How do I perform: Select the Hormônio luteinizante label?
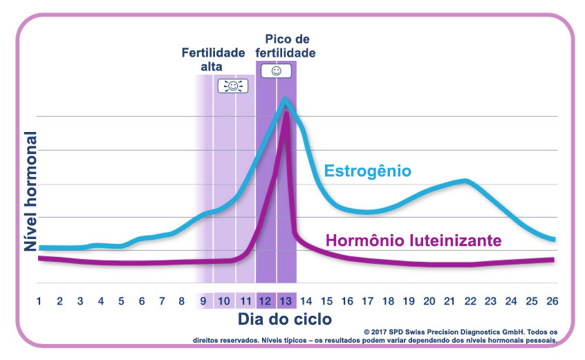pos(413,241)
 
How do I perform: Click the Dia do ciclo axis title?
pos(285,319)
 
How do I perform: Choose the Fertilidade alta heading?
pos(214,59)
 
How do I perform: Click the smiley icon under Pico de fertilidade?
pos(276,70)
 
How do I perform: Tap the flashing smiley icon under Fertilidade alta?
pos(233,86)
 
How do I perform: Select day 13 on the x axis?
pos(286,301)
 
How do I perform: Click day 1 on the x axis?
pos(39,301)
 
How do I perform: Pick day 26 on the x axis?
pos(552,301)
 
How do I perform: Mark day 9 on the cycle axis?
pos(203,301)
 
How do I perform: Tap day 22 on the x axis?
pos(470,301)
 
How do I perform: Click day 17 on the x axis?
pos(367,301)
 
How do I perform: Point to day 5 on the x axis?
pos(121,301)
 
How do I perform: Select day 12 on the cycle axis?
pos(266,301)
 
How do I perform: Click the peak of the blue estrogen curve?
pos(285,100)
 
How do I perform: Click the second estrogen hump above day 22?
pos(467,180)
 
